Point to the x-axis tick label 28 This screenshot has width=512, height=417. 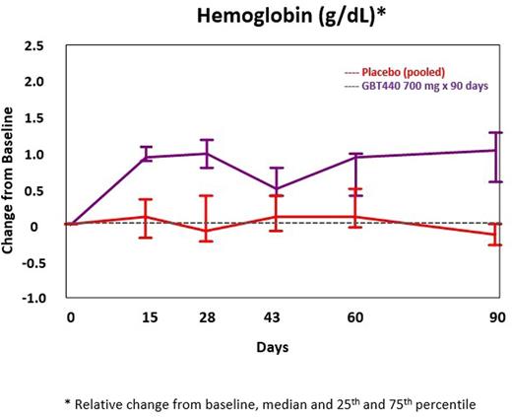(206, 317)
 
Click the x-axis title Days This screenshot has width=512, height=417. (275, 347)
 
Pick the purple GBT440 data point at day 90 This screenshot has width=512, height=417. (493, 150)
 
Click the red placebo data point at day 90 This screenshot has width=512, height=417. (493, 235)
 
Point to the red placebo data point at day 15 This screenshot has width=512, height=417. (146, 216)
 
